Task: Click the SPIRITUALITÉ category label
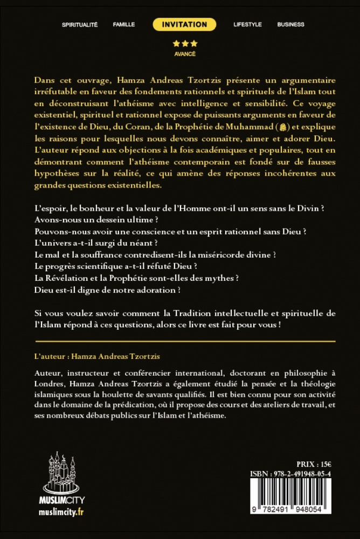80,24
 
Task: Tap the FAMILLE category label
124,24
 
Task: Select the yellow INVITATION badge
184,24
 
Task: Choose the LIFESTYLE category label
247,24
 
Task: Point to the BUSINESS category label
290,24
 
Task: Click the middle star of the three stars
185,44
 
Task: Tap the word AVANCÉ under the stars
185,54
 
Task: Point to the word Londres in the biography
50,383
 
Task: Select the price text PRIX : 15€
314,464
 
